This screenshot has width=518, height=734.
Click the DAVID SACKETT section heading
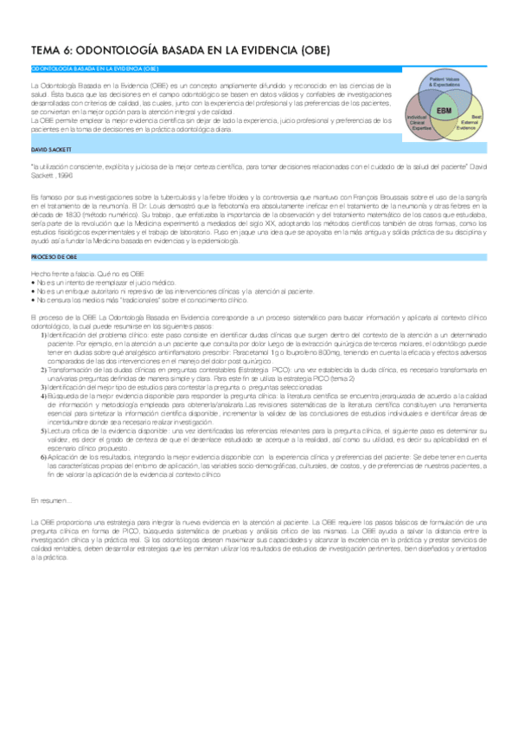pyautogui.click(x=49, y=150)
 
